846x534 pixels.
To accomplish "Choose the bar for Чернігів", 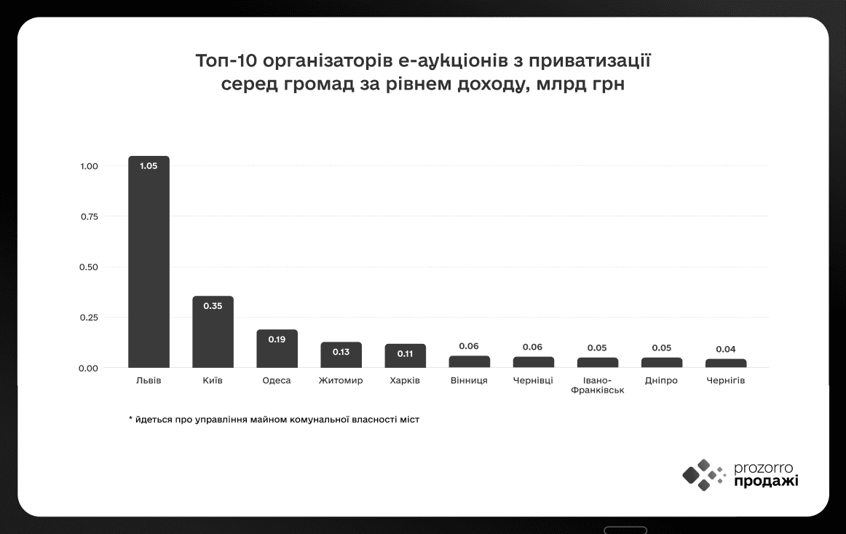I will click(x=726, y=363).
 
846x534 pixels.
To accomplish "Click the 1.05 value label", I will click(x=149, y=165).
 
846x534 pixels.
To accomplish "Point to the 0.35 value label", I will click(x=213, y=305).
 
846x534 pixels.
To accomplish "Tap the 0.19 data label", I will click(x=277, y=339).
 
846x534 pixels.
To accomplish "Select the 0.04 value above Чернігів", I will click(x=726, y=349).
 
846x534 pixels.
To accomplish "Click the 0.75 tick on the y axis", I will click(x=89, y=216).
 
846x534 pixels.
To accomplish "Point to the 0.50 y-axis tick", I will click(x=89, y=267).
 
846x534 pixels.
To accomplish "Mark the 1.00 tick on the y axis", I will click(x=89, y=166).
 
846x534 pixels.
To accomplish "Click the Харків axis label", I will click(x=405, y=380).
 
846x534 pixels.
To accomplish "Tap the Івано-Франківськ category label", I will click(x=598, y=385).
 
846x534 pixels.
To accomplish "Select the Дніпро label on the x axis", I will click(x=661, y=380).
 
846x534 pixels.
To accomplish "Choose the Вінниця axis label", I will click(x=469, y=380).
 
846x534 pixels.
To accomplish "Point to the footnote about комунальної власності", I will click(x=274, y=420).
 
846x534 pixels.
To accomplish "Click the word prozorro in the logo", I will click(x=764, y=468).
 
